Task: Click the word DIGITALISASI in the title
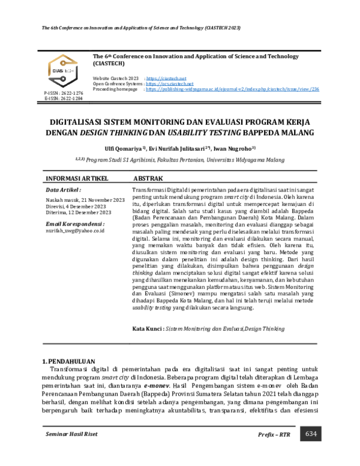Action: coord(77,121)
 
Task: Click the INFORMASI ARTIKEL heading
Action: coord(73,179)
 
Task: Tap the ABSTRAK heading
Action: coord(146,179)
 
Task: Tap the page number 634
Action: coord(311,434)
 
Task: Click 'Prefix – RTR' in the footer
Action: coord(274,434)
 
